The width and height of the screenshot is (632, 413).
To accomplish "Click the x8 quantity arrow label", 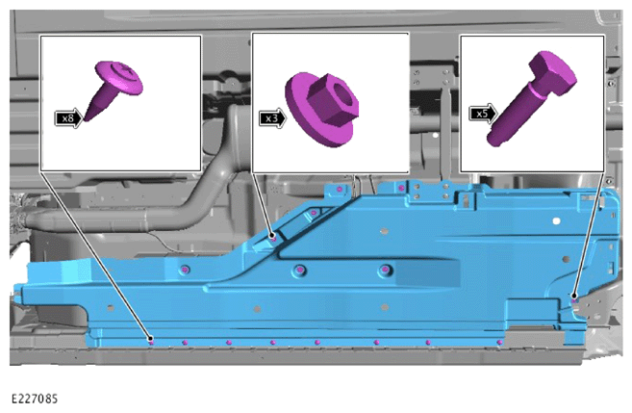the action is pos(68,118).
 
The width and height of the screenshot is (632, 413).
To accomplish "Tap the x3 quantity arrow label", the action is pos(272,118).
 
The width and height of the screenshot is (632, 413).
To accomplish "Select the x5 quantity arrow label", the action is pos(483,114).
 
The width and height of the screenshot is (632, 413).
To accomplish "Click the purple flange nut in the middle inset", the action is pos(322,109).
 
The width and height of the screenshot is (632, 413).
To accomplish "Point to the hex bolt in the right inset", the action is pos(531,99).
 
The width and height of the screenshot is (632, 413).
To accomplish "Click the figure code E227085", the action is pos(35,399).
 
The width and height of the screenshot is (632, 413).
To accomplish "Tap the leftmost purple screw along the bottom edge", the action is pos(152,343).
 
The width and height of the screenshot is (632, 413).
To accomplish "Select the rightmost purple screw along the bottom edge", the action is pos(499,343).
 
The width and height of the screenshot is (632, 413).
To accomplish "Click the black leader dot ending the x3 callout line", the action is pos(273,235).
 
